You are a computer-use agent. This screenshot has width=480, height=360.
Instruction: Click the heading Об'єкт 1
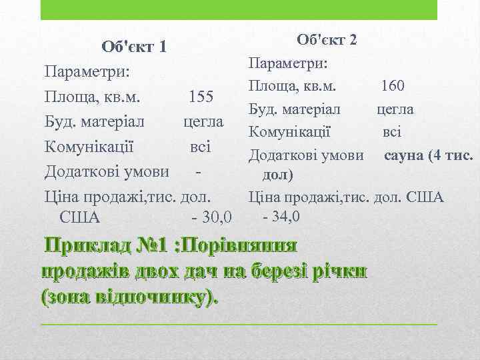(x=133, y=47)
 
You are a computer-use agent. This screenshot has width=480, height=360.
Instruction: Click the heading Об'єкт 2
(x=327, y=39)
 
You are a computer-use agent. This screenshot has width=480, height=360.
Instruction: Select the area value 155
(x=201, y=97)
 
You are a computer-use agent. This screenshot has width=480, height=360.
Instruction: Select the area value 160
(x=393, y=86)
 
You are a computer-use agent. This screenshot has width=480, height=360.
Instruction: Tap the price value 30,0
(x=216, y=217)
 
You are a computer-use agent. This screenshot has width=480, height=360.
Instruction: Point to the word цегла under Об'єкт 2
(x=395, y=109)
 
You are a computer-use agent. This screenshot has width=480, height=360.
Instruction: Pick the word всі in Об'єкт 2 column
(x=392, y=132)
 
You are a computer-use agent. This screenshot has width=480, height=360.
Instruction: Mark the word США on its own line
(x=79, y=217)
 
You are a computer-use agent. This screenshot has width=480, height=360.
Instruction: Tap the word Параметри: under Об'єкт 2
(x=287, y=63)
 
